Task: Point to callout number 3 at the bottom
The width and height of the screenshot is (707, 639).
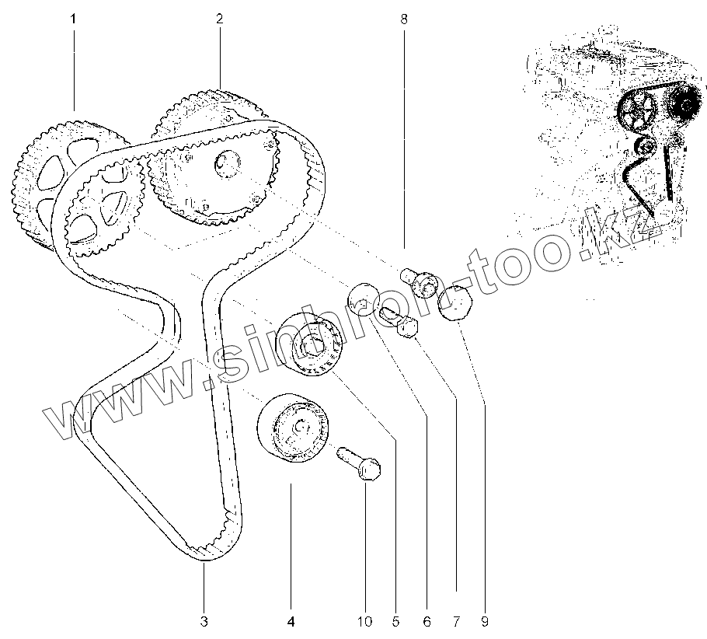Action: pyautogui.click(x=204, y=621)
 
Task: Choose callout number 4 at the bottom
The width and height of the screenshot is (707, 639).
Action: pyautogui.click(x=291, y=621)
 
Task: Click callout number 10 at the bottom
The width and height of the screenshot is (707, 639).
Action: pyautogui.click(x=365, y=621)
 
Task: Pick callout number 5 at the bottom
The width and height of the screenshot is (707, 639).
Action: pyautogui.click(x=395, y=621)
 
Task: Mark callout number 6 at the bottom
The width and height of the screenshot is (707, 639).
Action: pyautogui.click(x=426, y=621)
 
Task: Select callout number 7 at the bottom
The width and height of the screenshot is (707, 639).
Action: pyautogui.click(x=455, y=621)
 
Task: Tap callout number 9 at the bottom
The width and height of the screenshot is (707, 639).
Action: pyautogui.click(x=484, y=621)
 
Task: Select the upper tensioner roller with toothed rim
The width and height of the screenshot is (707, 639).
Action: pyautogui.click(x=309, y=346)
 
